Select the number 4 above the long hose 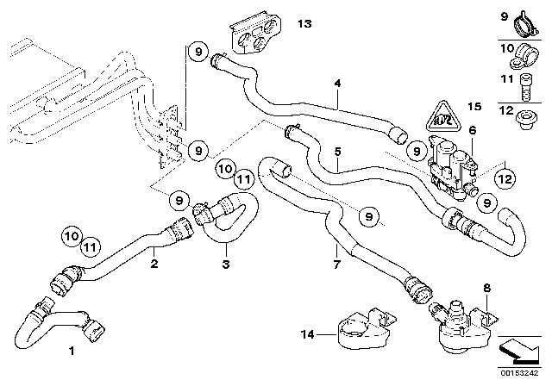click(x=338, y=84)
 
